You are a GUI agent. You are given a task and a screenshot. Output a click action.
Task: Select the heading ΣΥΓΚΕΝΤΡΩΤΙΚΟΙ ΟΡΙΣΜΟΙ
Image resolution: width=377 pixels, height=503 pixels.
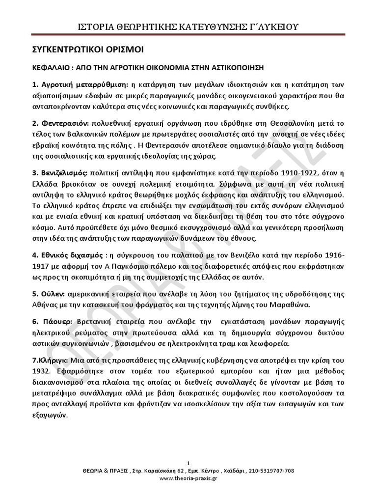pos(85,50)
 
